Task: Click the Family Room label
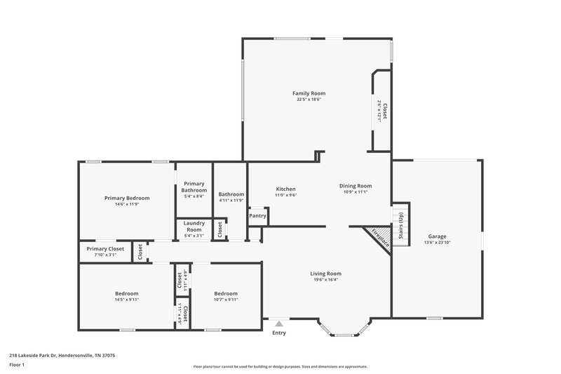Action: point(309,93)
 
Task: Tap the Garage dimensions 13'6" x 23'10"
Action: point(436,243)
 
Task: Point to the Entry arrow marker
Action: point(279,323)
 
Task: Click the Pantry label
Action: point(257,216)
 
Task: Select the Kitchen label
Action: point(285,189)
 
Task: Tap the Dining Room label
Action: point(355,186)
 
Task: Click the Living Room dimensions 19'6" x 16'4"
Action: point(325,280)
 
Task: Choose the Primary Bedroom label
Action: point(127,198)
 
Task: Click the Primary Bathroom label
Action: point(194,187)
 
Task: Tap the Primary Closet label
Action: point(105,248)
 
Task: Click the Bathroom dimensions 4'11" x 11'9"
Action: point(231,201)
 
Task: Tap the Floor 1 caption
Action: point(17,365)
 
